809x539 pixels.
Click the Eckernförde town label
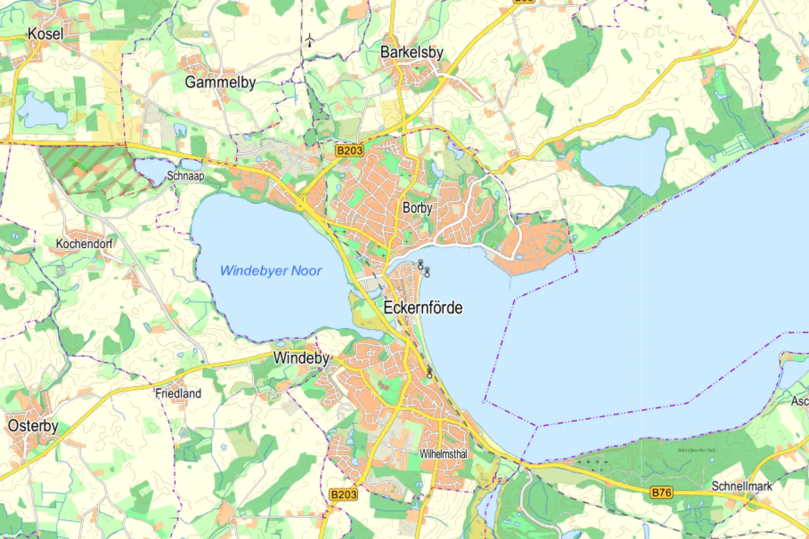(x=422, y=308)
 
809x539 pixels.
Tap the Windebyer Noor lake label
(x=271, y=271)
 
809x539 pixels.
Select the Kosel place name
(x=45, y=34)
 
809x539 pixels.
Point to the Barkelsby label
(x=412, y=53)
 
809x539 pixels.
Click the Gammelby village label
(x=220, y=82)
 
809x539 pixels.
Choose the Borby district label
(x=417, y=208)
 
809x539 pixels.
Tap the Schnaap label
(x=186, y=176)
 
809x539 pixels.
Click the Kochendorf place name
(x=84, y=244)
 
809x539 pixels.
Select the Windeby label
(x=301, y=358)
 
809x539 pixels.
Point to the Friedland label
(x=178, y=393)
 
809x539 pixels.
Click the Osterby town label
(x=33, y=426)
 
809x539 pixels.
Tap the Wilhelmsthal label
(x=443, y=454)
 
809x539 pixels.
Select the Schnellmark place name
(x=742, y=486)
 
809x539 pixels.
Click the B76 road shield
(x=662, y=493)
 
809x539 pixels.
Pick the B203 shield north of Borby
(x=349, y=150)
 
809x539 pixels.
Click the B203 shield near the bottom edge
(x=343, y=495)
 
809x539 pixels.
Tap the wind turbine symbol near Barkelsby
(x=310, y=40)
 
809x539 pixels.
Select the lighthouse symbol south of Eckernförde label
(x=429, y=372)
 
